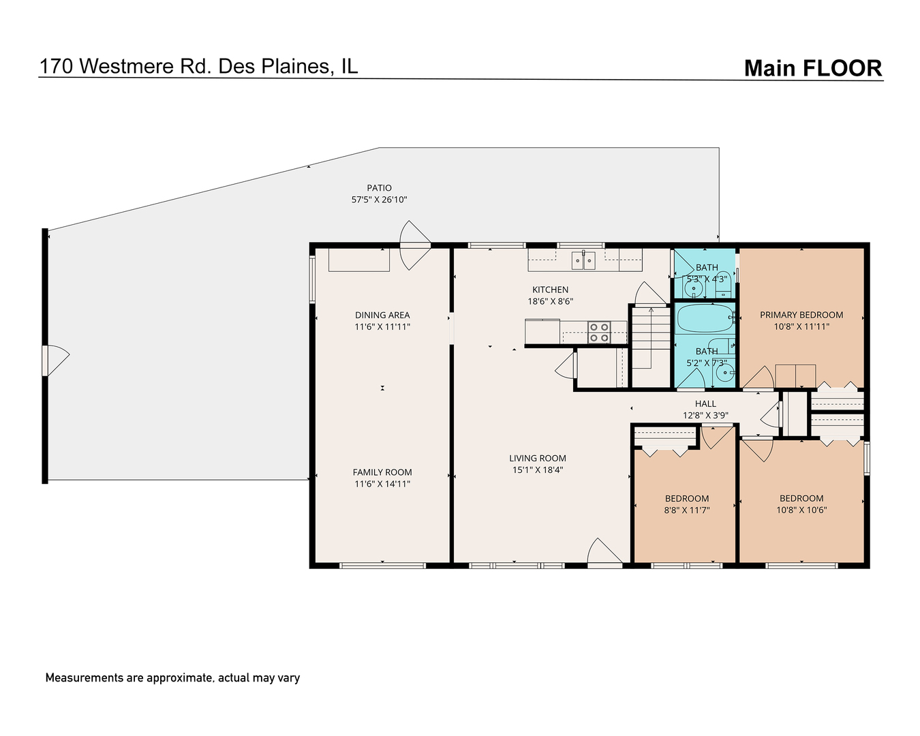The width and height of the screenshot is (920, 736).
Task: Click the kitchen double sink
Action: [x=584, y=260]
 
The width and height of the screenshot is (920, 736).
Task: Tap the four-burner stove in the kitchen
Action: [x=599, y=332]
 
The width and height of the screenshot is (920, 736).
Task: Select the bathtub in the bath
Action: [x=703, y=318]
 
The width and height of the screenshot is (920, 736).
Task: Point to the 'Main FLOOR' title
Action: [x=812, y=68]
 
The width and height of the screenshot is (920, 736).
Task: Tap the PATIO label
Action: [x=379, y=188]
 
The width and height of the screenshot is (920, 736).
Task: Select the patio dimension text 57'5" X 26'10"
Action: [x=379, y=200]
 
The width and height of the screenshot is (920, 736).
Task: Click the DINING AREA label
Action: [x=382, y=315]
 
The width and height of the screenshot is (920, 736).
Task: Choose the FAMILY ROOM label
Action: [x=382, y=472]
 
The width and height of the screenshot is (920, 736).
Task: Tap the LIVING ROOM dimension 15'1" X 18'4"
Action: [x=538, y=470]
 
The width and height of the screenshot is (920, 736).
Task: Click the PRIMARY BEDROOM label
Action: [x=801, y=315]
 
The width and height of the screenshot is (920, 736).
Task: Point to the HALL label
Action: [x=705, y=404]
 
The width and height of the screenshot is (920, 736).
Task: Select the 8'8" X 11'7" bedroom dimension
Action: [x=687, y=510]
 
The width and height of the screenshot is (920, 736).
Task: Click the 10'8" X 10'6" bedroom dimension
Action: [x=801, y=510]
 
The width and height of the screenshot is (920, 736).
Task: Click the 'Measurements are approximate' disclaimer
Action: [x=172, y=678]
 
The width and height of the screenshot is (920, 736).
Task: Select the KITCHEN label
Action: [x=550, y=290]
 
